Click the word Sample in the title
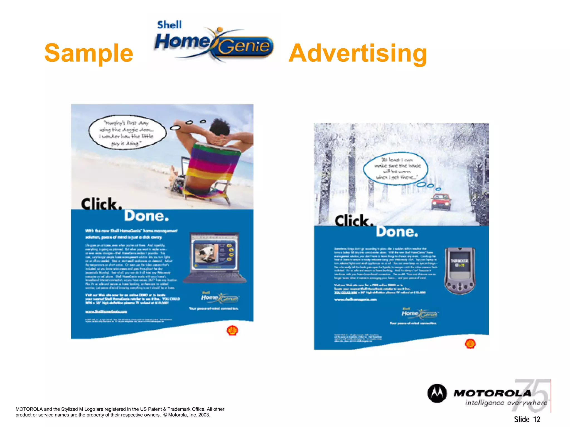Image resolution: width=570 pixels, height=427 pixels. coord(89,53)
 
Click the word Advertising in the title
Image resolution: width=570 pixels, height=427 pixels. coord(358,53)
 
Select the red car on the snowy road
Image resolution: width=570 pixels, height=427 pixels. coord(440,202)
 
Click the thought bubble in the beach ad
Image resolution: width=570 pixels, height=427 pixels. coord(127,133)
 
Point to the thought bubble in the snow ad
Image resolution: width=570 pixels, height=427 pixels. coord(395,168)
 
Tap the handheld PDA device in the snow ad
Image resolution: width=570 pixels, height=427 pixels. coord(460,270)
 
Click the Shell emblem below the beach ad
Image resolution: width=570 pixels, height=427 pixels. coord(232,331)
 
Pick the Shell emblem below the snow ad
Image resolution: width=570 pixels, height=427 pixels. coord(470,344)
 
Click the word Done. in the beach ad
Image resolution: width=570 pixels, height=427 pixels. coord(146,216)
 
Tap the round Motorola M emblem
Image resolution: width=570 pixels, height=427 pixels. coord(437,393)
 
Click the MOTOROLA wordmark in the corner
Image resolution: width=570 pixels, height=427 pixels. coord(492,393)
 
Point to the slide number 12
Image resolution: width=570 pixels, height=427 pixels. coord(536,419)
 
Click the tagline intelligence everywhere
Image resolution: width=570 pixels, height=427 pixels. coord(506,403)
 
